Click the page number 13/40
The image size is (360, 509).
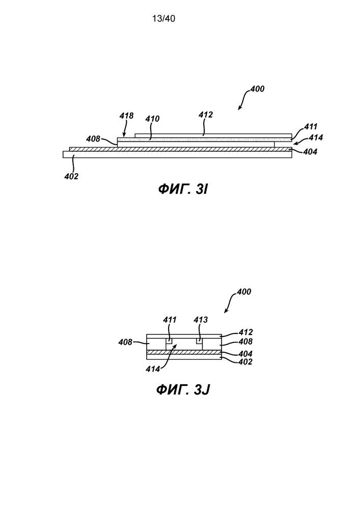point(163,19)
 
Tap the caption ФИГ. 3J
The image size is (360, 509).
point(183,390)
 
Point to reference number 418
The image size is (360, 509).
point(126,116)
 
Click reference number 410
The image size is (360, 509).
point(152,119)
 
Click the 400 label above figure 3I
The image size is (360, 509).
point(258,89)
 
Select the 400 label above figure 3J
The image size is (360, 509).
point(244,292)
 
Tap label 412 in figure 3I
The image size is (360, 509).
point(205,115)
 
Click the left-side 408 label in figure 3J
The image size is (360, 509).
point(126,342)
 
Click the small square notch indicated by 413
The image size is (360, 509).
point(200,341)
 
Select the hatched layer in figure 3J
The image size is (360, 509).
point(183,352)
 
